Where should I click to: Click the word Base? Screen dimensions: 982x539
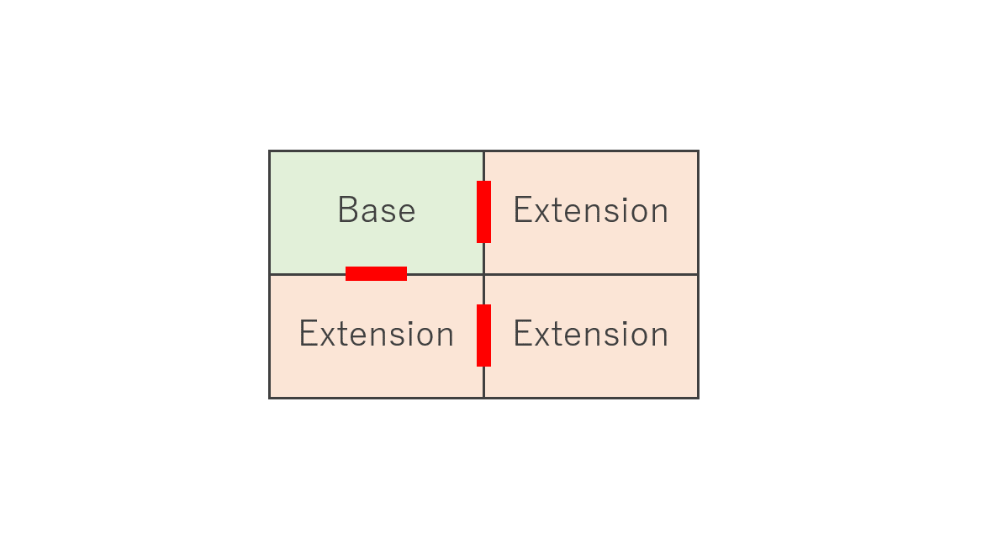click(x=377, y=209)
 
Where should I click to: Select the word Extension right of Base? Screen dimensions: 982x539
click(x=590, y=209)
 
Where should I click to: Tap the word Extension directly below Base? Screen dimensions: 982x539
click(x=377, y=334)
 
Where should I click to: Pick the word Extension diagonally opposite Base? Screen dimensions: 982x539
click(x=590, y=334)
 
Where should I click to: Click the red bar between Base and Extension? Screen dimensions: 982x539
click(x=483, y=212)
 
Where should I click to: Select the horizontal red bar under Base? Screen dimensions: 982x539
click(x=377, y=273)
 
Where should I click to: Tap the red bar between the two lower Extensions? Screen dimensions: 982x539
click(x=483, y=336)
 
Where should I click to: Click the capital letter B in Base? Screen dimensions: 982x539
click(x=347, y=209)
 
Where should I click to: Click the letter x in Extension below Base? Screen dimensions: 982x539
click(x=326, y=337)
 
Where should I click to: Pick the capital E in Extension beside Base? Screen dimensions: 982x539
click(x=522, y=209)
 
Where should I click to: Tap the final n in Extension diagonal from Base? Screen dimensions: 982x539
click(x=659, y=337)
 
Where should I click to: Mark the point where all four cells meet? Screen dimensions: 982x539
click(x=483, y=274)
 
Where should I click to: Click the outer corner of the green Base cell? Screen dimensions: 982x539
click(x=269, y=151)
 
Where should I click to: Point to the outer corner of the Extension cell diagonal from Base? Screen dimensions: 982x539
click(x=699, y=398)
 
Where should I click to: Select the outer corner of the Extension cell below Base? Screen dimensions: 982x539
click(x=269, y=398)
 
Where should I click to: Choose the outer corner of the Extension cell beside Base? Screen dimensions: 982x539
click(x=699, y=151)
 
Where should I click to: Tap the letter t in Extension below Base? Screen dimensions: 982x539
click(x=342, y=336)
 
